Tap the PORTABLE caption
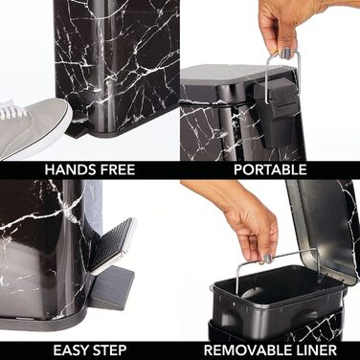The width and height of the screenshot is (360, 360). point(270,169)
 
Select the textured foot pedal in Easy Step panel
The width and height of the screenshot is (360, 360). point(115,242)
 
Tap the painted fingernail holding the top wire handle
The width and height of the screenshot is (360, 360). point(286,53)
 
